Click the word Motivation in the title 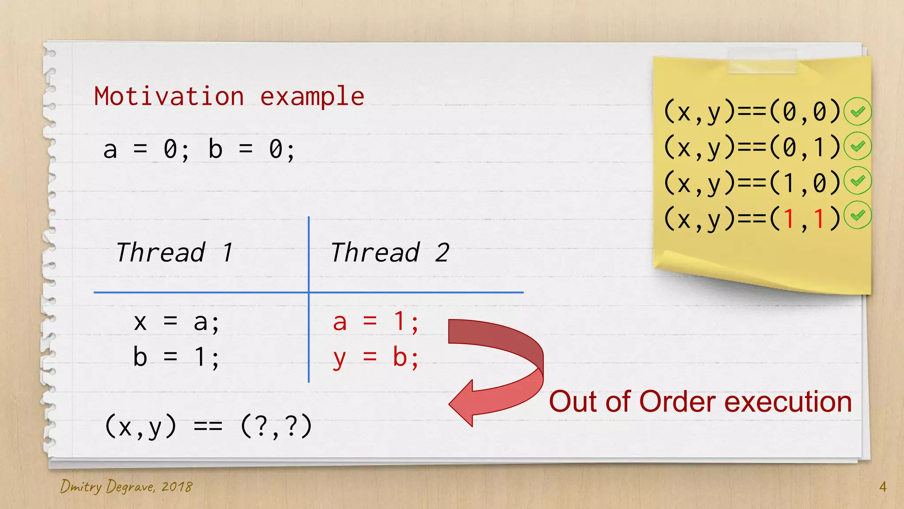[169, 96]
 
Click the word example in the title [312, 96]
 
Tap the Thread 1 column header [174, 253]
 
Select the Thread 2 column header [390, 253]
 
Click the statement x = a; [176, 322]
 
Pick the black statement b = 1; [176, 357]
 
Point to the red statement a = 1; [376, 322]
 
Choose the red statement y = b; [376, 357]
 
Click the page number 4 [882, 487]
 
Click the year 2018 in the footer [177, 487]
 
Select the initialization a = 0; [146, 149]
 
